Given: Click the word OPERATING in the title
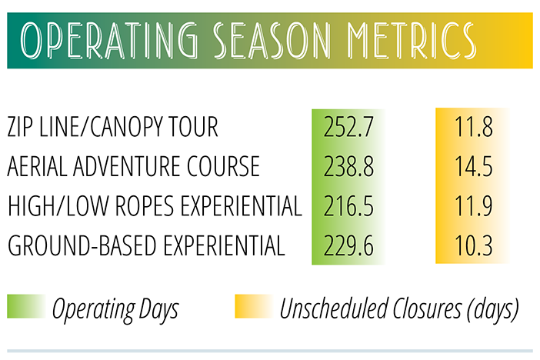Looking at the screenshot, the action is coord(108,41).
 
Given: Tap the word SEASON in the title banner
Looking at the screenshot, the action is coord(272,41).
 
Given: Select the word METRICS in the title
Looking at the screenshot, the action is coord(412,41).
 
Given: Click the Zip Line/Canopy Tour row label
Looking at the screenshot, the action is coord(112,126).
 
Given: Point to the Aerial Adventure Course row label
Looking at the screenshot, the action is coord(133,166).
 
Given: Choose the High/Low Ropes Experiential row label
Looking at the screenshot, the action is coord(155,205).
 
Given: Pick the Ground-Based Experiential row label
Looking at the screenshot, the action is coord(146,245).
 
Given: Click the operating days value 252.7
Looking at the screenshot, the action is coord(348,127).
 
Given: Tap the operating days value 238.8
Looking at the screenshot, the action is coord(348,166).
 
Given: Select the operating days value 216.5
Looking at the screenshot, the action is coord(348,206).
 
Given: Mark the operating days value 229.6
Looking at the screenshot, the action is coord(348,245).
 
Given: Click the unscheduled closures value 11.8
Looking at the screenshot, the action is coord(474,127).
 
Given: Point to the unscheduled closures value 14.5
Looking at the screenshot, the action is coord(474,166).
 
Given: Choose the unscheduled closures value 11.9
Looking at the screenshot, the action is coord(474,206).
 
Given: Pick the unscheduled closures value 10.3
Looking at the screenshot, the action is coord(474,245).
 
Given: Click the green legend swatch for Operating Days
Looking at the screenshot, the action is coord(26,306).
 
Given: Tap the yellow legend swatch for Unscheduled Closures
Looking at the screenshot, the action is coord(254,306).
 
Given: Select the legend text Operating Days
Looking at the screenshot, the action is coord(115,309).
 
